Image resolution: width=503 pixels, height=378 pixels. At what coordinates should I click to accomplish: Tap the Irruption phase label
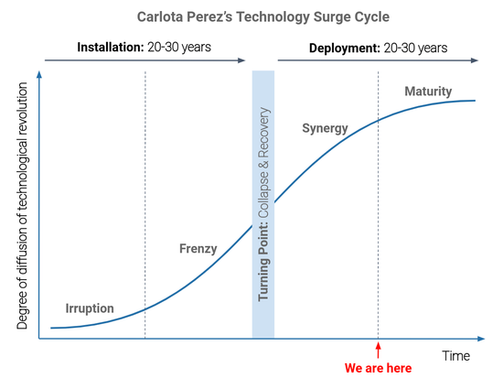(x=90, y=308)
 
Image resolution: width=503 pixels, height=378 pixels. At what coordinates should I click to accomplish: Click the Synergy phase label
(x=325, y=128)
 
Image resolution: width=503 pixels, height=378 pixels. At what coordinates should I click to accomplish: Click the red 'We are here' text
(x=378, y=367)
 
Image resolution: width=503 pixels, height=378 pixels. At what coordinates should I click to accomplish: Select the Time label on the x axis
(x=456, y=354)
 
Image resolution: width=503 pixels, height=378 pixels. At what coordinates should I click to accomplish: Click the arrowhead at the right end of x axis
(x=476, y=340)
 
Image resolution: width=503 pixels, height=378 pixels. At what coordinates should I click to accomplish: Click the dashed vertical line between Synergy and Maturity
(x=379, y=229)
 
